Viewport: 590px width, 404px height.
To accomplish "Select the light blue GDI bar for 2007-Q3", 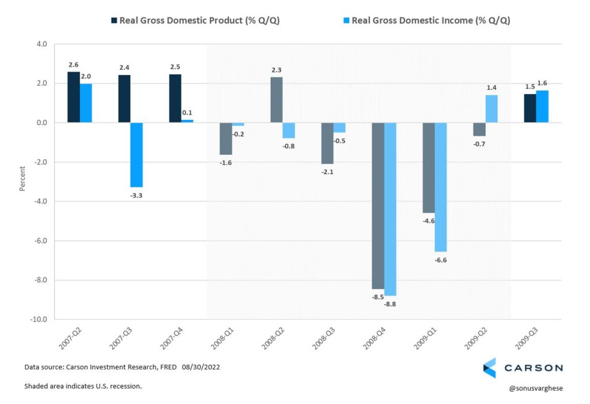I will pos(137,154).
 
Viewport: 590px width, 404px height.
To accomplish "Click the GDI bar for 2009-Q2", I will pos(491,109).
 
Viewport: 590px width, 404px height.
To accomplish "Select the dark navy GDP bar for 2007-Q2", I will pos(73,97).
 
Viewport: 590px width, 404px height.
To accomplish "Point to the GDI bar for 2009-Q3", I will pos(542,107).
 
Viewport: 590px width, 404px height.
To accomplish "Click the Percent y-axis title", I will pos(22,179).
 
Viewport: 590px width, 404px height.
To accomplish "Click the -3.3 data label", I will pos(137,196).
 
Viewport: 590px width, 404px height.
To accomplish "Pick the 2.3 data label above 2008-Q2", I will pos(277,70).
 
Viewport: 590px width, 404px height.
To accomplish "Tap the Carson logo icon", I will pos(489,368).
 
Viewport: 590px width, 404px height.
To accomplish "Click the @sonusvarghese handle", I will pos(535,388).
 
